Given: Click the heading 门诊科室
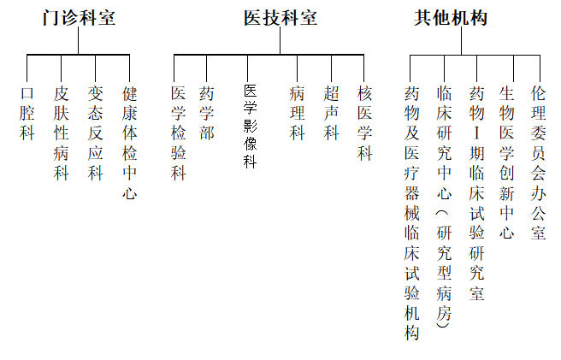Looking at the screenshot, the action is pyautogui.click(x=79, y=18).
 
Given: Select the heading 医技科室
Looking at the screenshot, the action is pyautogui.click(x=280, y=18).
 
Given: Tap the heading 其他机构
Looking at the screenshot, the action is pyautogui.click(x=451, y=18).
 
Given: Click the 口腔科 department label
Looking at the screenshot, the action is pyautogui.click(x=27, y=114).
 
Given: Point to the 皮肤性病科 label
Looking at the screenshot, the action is pyautogui.click(x=62, y=133).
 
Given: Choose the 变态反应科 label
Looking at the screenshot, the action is pyautogui.click(x=96, y=133).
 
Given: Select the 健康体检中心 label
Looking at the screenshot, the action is pyautogui.click(x=129, y=143).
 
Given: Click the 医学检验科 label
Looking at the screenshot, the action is pyautogui.click(x=178, y=133).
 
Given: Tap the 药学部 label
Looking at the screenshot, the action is pyautogui.click(x=207, y=114).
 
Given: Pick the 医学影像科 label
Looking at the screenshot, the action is pyautogui.click(x=250, y=127).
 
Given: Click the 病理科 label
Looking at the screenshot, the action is pyautogui.click(x=297, y=114).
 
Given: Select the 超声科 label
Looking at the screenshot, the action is pyautogui.click(x=331, y=114).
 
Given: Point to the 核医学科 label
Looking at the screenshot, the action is pyautogui.click(x=364, y=123).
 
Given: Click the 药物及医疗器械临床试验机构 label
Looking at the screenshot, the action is pyautogui.click(x=412, y=213).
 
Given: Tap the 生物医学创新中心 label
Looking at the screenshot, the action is pyautogui.click(x=506, y=163).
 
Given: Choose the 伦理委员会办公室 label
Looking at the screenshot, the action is pyautogui.click(x=539, y=163).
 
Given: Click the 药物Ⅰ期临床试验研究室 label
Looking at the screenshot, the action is pyautogui.click(x=477, y=193).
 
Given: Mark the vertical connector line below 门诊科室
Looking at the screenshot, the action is pyautogui.click(x=79, y=41).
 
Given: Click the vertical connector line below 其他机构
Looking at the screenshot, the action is pyautogui.click(x=462, y=41).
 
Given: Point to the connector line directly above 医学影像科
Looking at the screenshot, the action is pyautogui.click(x=248, y=68).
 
